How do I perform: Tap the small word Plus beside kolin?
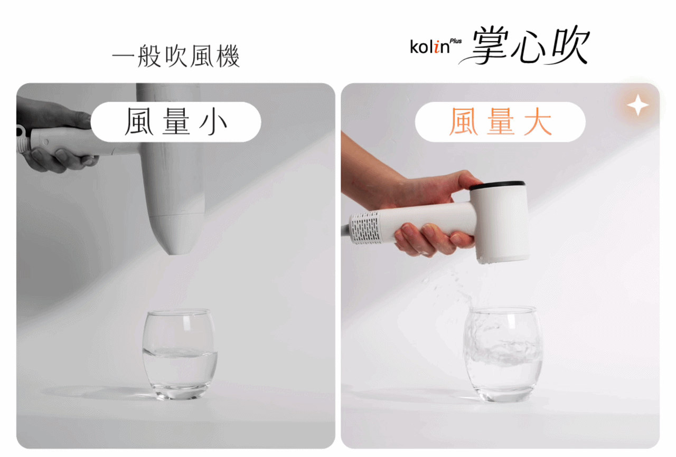[x=455, y=41]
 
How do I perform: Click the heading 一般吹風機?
[x=176, y=56]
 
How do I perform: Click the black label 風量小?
[x=176, y=121]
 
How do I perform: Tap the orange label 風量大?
[x=500, y=121]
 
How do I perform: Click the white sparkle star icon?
[x=637, y=105]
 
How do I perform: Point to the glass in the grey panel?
[x=180, y=355]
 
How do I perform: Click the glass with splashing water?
[x=502, y=355]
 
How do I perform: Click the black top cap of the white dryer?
[x=498, y=185]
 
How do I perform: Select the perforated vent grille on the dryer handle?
[x=365, y=227]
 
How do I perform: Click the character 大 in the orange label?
[x=538, y=121]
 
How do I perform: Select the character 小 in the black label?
[x=213, y=122]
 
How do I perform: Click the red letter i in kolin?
[x=436, y=47]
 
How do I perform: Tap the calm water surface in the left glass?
[x=180, y=353]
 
